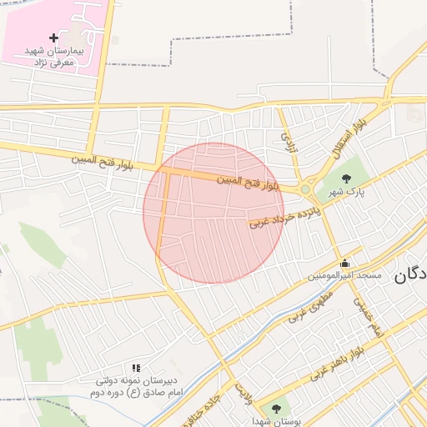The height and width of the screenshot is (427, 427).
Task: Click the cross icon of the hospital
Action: point(54,38)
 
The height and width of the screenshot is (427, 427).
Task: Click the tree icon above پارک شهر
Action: point(346,177)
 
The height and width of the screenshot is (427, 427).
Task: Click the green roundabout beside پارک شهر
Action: point(306,190)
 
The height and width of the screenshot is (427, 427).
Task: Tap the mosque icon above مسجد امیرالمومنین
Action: point(344,264)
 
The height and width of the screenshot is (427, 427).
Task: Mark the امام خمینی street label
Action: point(365,318)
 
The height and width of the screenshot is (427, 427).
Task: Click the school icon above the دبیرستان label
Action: point(136,368)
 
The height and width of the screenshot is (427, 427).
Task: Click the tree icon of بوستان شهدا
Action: point(276,408)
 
